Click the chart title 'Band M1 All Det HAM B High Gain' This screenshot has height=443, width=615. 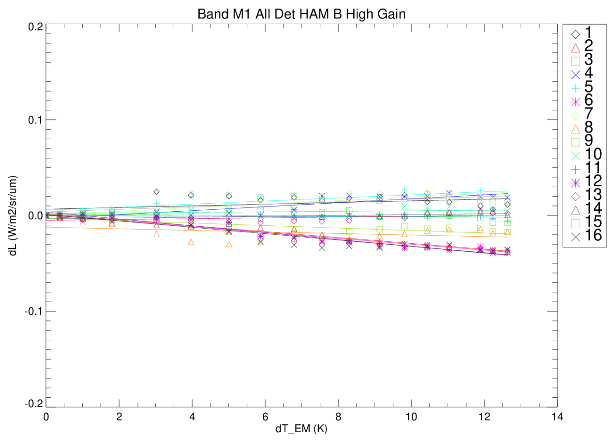301,14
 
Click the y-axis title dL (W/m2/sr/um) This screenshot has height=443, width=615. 13,216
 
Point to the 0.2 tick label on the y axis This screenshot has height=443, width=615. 35,27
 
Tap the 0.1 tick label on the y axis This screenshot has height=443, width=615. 35,120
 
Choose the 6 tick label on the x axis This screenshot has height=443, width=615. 265,416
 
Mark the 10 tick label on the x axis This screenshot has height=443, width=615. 411,416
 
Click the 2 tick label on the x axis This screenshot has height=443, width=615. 119,416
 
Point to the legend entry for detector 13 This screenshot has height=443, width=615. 586,196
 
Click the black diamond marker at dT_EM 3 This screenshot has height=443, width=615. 156,192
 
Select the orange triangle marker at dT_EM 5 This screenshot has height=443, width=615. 229,244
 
